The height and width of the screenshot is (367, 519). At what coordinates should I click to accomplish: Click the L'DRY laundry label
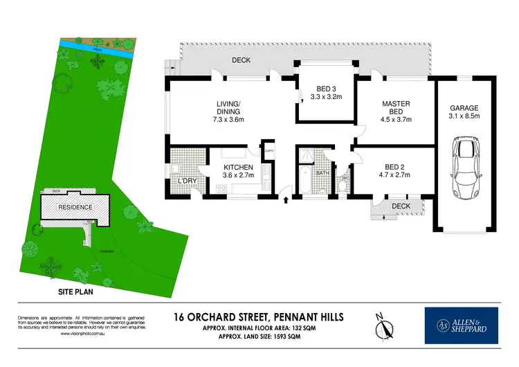tap(189, 181)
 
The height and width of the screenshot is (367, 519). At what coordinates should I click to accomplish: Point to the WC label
tap(346, 176)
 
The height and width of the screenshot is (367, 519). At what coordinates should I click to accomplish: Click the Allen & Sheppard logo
tap(462, 325)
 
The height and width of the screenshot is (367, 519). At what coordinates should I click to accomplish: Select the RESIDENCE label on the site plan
tap(75, 207)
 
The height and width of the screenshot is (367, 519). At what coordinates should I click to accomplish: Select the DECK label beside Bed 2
tap(401, 206)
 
